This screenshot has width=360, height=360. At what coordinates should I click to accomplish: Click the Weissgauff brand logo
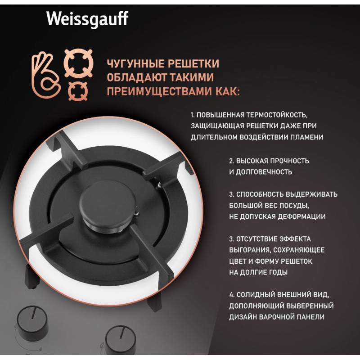pyautogui.click(x=87, y=19)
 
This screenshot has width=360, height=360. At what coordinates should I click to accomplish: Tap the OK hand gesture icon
pyautogui.click(x=46, y=75)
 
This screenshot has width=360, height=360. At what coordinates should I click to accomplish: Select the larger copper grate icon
pyautogui.click(x=78, y=63)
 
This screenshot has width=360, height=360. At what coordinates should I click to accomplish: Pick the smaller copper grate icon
pyautogui.click(x=78, y=91)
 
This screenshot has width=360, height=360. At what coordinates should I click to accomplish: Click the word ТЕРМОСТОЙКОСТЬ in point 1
pyautogui.click(x=277, y=115)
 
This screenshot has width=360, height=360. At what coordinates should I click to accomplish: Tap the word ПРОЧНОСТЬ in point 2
pyautogui.click(x=289, y=161)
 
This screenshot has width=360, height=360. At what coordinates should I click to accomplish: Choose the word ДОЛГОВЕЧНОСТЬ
pyautogui.click(x=264, y=172)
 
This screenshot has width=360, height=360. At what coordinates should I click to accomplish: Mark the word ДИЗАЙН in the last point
pyautogui.click(x=243, y=317)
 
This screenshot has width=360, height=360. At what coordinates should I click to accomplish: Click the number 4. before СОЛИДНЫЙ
pyautogui.click(x=232, y=295)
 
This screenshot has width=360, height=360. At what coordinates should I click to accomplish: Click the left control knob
pyautogui.click(x=32, y=323)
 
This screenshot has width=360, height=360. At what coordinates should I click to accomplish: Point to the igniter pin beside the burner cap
pyautogui.click(x=137, y=211)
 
